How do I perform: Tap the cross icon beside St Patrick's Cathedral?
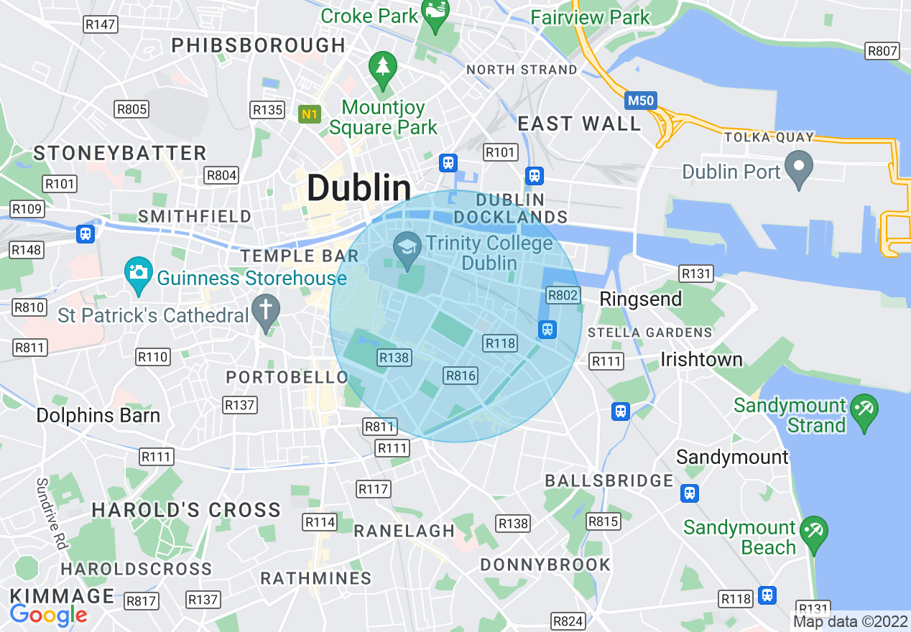[x=266, y=311]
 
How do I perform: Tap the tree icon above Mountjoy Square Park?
[x=383, y=67]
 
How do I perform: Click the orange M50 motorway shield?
[x=639, y=100]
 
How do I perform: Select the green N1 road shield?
[x=310, y=113]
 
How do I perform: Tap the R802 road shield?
[x=563, y=295]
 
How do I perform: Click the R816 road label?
[x=461, y=376]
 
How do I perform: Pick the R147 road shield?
[x=100, y=24]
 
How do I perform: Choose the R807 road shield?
[x=882, y=51]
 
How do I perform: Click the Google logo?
[x=48, y=615]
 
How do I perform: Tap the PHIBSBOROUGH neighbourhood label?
[x=259, y=45]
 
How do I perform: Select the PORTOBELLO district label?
[x=287, y=377]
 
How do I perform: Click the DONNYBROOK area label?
[x=545, y=564]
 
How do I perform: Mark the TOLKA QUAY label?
[x=769, y=137]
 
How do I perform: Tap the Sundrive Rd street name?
[x=52, y=514]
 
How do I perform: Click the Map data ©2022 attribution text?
[x=851, y=621]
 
